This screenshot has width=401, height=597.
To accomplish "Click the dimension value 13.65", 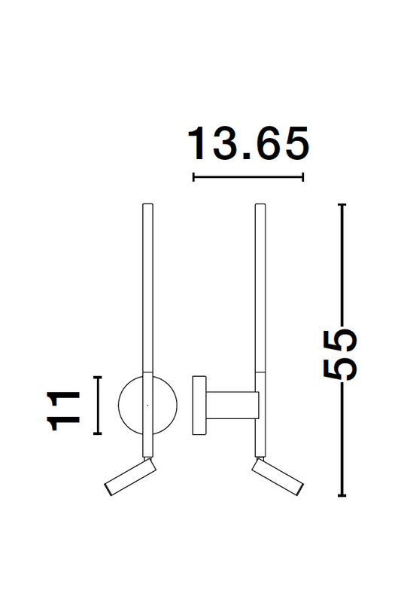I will point(248,144).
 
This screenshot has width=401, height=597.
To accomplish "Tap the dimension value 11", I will point(65,411).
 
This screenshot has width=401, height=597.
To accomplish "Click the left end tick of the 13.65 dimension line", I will point(193,177).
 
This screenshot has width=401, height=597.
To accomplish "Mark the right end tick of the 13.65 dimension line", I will point(302,177).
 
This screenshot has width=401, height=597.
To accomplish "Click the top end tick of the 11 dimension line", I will point(96,376).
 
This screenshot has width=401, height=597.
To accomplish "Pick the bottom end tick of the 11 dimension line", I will point(96,435).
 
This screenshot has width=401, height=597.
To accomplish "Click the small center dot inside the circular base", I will point(147,406).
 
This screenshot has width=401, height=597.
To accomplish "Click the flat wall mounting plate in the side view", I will point(200,405).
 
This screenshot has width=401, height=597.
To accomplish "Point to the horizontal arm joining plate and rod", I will point(233,405).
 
